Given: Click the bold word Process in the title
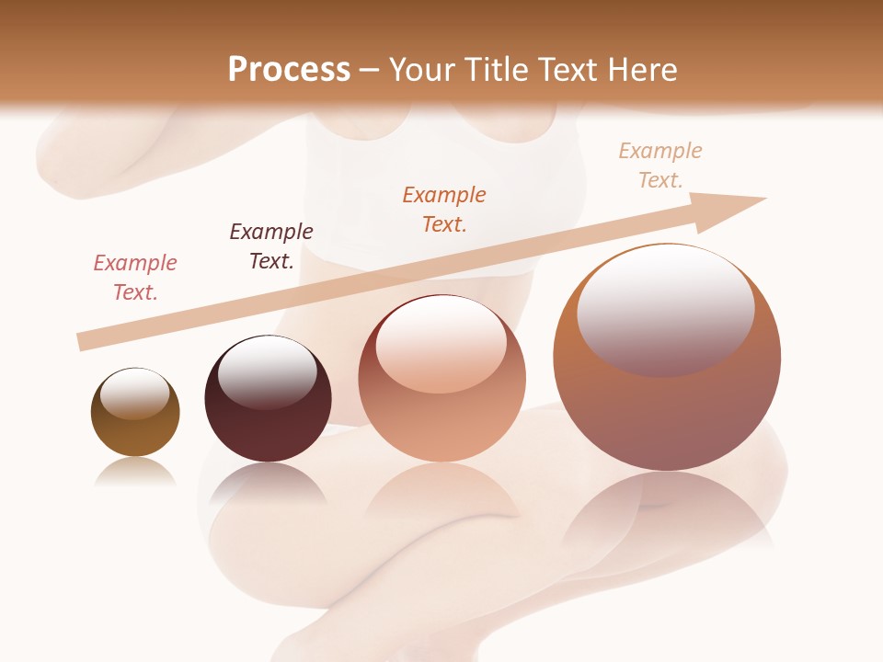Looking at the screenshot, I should (289, 69).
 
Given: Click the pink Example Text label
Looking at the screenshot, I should (135, 278).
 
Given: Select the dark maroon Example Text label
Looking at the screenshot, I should (271, 246).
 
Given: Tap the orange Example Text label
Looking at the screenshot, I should (444, 209).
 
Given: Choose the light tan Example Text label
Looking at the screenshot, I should (660, 165).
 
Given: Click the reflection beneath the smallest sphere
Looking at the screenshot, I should (135, 473).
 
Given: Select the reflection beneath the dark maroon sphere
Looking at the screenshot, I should (267, 483).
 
